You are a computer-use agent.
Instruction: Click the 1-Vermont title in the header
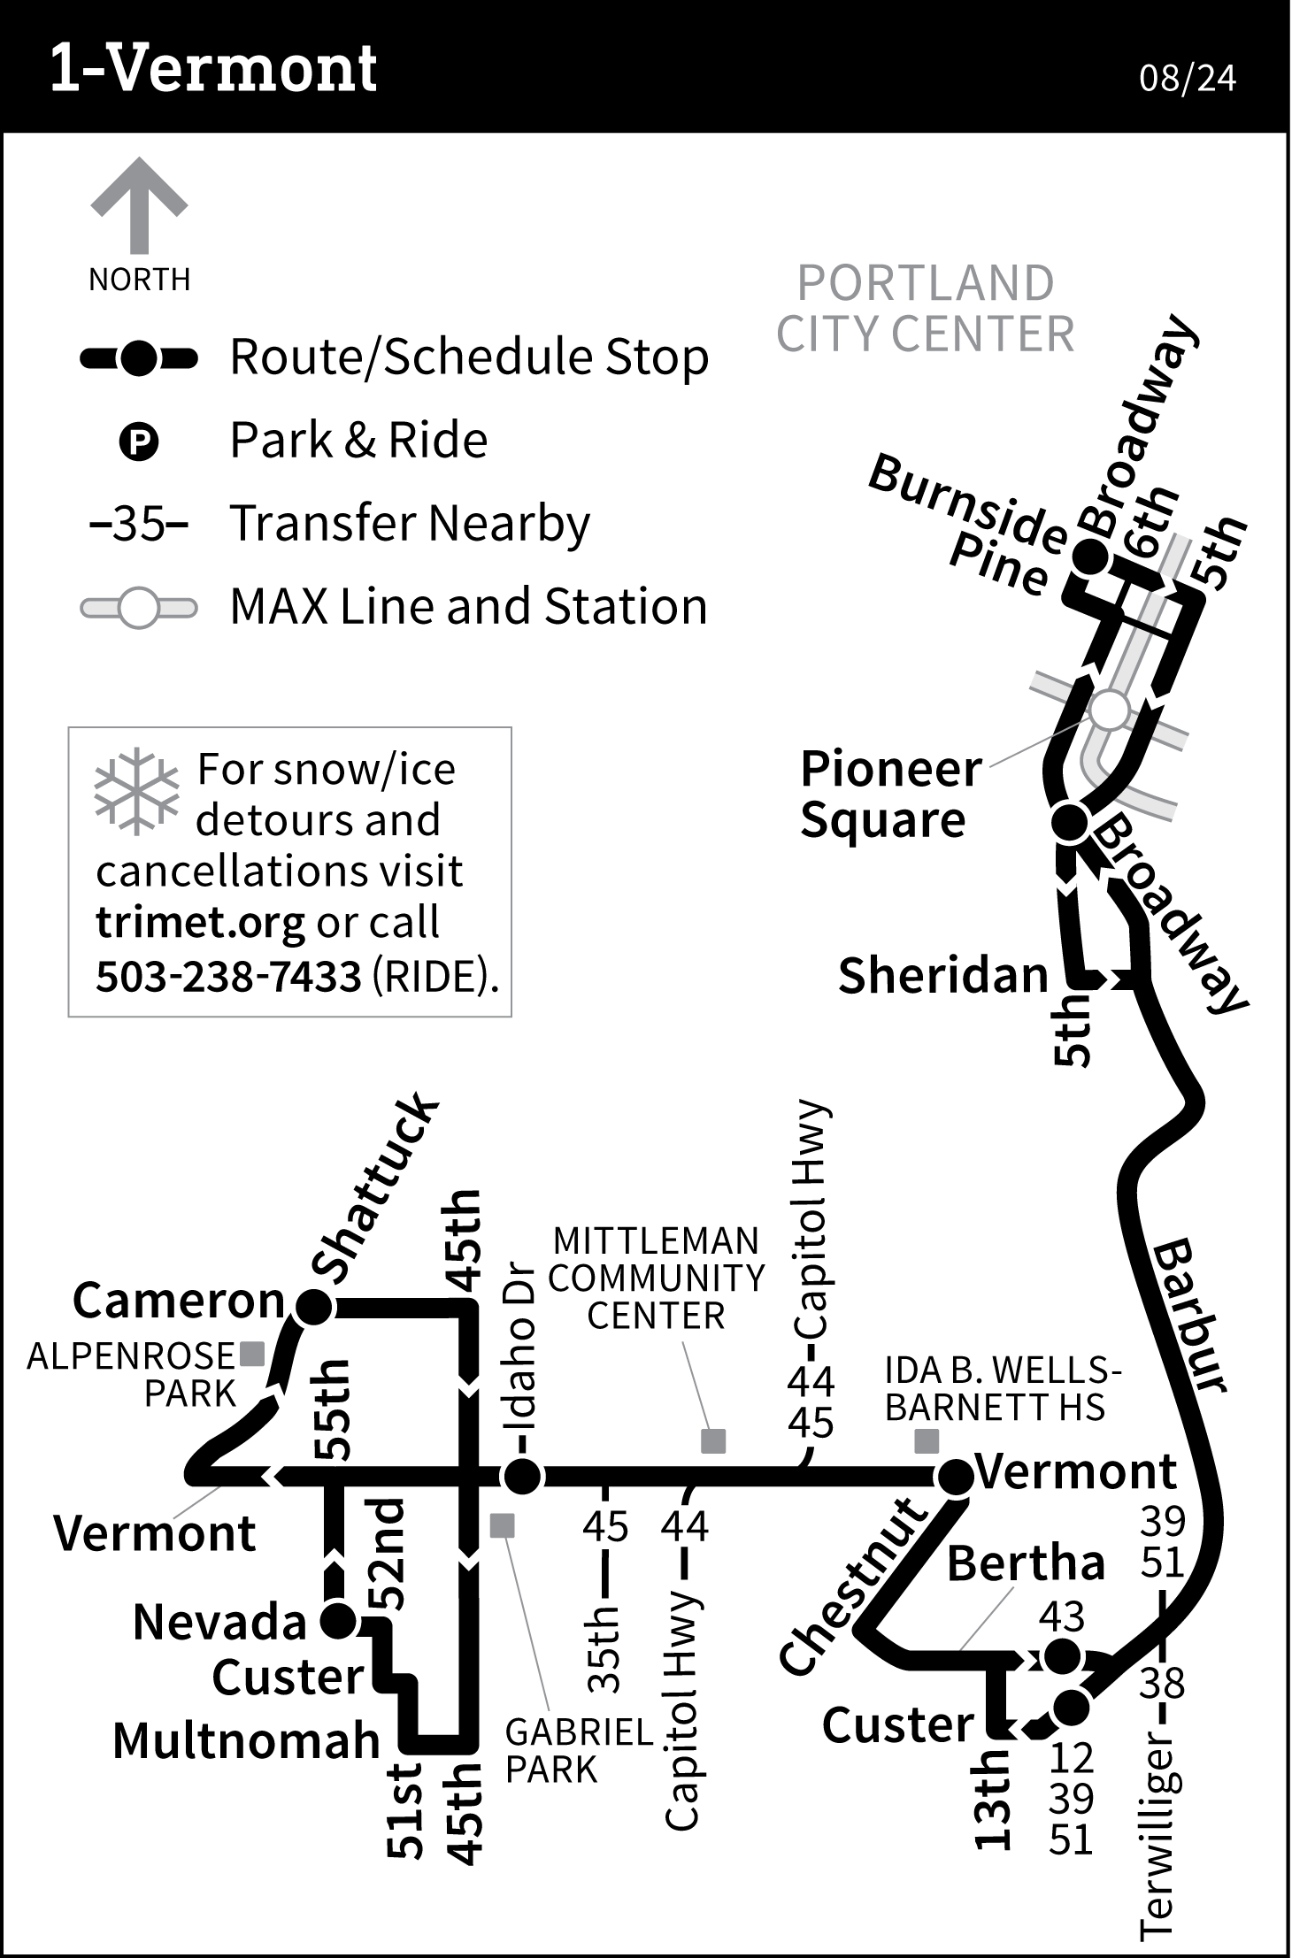tap(213, 68)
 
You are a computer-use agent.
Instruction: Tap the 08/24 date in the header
tap(1187, 78)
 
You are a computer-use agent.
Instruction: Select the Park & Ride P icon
tap(138, 442)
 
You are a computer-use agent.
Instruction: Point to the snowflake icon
tap(136, 792)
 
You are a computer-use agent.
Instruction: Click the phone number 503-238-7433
tap(228, 976)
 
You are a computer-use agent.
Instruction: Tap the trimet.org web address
tap(200, 924)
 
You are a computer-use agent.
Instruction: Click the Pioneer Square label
tap(889, 794)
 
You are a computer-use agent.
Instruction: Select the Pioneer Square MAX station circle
tap(1110, 710)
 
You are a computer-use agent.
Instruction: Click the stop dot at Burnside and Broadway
tap(1089, 557)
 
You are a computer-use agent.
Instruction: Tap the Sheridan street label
tap(942, 975)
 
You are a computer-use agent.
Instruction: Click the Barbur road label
tap(1191, 1316)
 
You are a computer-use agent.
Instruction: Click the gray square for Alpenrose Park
tap(253, 1354)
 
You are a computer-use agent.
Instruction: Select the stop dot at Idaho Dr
tap(521, 1476)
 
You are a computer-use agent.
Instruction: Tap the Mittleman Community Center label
tap(656, 1278)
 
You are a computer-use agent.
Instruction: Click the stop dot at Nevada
tap(337, 1621)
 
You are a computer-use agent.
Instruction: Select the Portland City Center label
tap(925, 308)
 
